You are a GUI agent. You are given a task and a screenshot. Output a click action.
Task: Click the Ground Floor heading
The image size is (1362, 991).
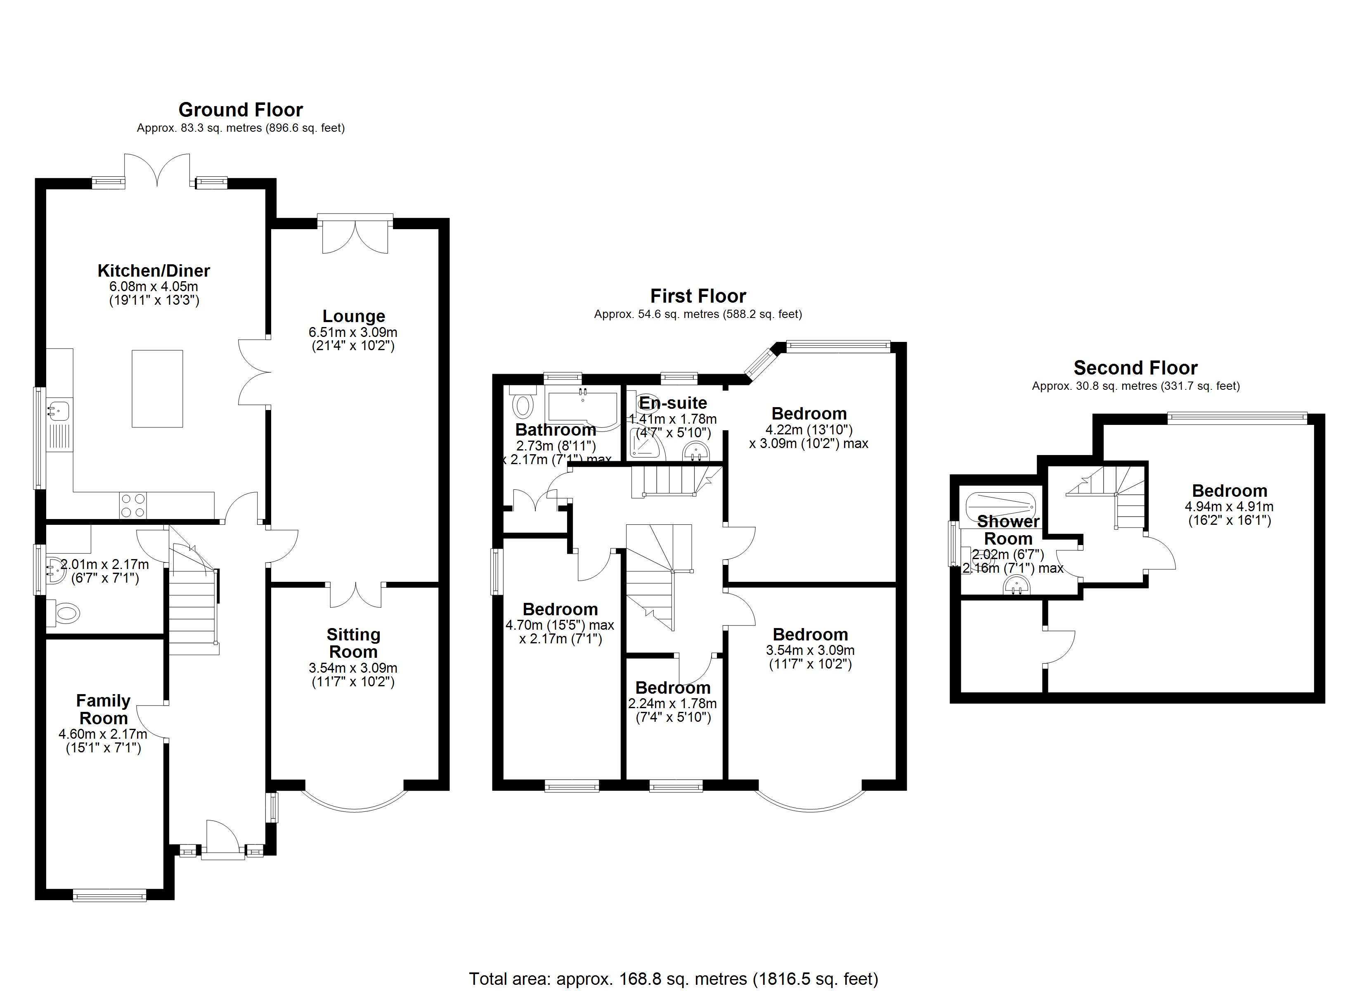240,110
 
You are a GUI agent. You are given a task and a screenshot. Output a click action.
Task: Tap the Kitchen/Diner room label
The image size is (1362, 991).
154,270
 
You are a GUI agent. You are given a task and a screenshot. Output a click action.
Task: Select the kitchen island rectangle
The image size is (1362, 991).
157,389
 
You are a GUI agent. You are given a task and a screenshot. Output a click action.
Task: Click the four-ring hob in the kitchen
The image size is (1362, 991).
133,505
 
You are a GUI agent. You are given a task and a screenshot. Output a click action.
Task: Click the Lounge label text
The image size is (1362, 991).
354,316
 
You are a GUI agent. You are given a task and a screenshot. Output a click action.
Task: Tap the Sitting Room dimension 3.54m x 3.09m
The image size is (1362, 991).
353,668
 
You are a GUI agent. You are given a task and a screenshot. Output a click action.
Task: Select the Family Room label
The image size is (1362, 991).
103,709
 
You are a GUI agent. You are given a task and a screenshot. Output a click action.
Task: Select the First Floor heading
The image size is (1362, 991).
698,296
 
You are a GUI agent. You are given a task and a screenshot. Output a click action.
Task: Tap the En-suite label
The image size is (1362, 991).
673,403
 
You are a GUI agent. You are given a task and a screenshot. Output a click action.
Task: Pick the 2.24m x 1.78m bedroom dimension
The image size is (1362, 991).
673,703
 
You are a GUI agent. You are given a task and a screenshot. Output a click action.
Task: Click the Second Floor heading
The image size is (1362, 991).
1135,368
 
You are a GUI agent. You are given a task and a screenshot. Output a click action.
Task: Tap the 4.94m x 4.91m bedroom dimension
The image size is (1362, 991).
1229,507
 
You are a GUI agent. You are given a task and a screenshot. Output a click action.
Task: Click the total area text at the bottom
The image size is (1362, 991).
673,978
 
